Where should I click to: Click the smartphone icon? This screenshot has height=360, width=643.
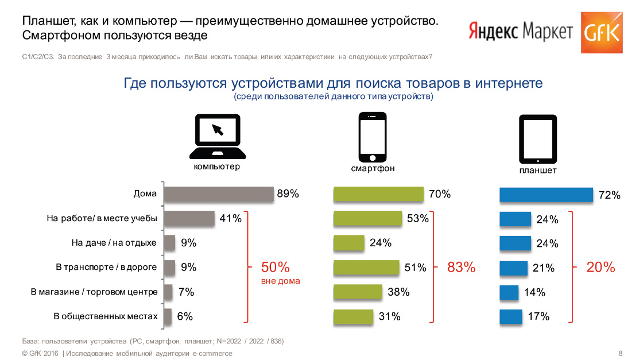(373, 137)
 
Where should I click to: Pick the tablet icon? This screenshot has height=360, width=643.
(538, 139)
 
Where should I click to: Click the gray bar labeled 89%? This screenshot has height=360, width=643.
(219, 194)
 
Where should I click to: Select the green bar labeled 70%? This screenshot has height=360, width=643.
(378, 194)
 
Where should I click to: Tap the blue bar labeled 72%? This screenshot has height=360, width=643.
(546, 195)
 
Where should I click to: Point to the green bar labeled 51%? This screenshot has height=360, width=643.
(366, 268)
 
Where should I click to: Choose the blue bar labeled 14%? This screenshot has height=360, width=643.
(509, 292)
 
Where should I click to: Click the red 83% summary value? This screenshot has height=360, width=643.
(461, 267)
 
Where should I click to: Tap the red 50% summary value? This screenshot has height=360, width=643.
(276, 267)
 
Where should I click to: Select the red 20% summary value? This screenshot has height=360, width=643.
(601, 267)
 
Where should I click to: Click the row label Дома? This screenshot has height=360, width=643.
(145, 193)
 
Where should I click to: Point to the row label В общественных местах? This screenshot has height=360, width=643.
(105, 316)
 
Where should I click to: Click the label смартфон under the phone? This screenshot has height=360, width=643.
(373, 169)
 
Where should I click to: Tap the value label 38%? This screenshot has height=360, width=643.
(398, 292)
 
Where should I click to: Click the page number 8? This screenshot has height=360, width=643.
(620, 353)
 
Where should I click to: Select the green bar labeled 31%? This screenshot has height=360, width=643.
(354, 316)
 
